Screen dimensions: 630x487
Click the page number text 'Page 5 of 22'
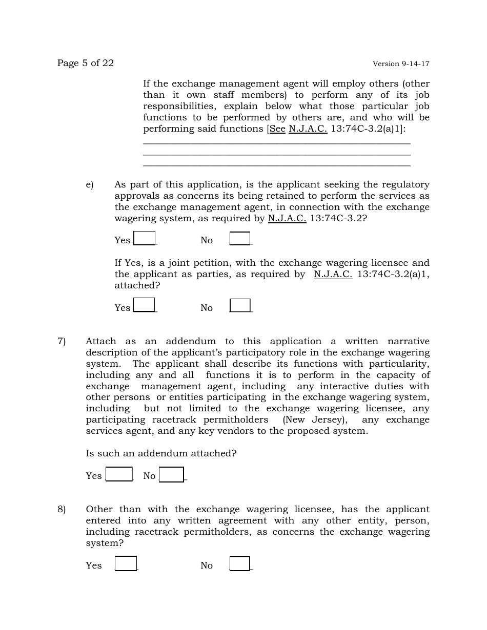86,63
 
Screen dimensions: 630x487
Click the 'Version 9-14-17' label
401,64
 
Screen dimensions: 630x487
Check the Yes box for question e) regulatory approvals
145,239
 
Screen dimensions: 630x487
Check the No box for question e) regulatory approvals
240,239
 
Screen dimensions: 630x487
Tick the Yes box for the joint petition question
144,305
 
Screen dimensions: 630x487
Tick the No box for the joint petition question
240,306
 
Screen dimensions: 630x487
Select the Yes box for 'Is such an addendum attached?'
119,474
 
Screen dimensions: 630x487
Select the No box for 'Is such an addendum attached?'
171,475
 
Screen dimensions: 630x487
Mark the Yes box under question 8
126,563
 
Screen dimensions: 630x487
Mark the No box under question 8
239,564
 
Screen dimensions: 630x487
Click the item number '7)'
62,342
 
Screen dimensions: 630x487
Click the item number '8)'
62,510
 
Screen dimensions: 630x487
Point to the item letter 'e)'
90,185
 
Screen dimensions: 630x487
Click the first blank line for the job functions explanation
276,144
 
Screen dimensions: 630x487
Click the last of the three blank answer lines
276,165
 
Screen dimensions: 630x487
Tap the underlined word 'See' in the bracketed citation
277,129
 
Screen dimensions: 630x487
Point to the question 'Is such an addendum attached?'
161,454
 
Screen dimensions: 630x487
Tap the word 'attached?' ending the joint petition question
137,286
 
